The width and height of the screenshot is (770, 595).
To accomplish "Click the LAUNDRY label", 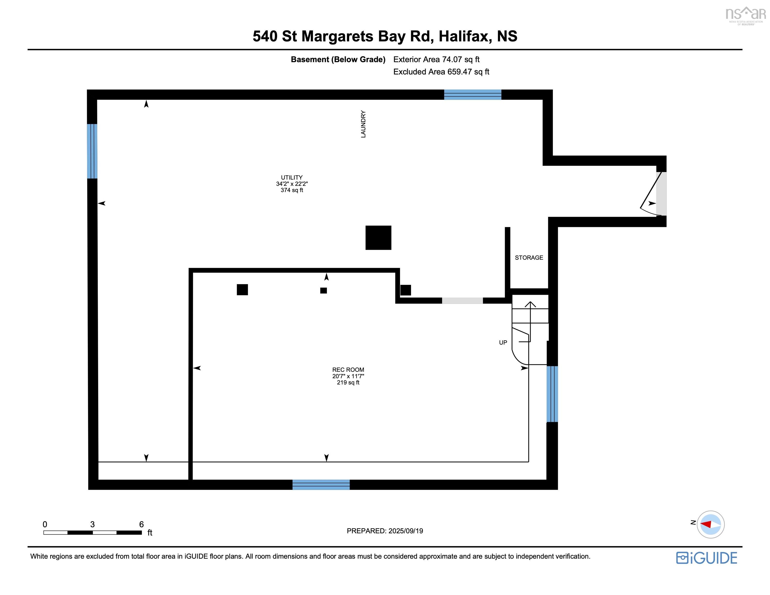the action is [363, 124].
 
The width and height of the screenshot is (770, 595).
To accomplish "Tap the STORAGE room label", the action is [529, 258].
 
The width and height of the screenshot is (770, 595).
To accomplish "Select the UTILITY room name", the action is [292, 177].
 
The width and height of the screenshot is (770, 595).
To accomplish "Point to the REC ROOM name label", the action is [348, 370].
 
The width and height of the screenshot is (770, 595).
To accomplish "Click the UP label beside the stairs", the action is [503, 342].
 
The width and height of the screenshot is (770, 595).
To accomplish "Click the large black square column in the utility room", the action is [378, 238].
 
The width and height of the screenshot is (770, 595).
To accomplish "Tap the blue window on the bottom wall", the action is [321, 485].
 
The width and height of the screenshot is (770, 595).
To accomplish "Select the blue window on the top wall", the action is [473, 95].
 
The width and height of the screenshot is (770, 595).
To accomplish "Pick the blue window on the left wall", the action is [92, 151].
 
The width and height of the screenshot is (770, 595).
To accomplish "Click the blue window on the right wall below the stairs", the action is [552, 394].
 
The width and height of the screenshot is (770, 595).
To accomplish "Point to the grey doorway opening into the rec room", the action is [462, 301].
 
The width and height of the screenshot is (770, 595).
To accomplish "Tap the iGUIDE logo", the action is [706, 558].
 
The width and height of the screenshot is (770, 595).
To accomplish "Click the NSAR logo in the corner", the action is [745, 16].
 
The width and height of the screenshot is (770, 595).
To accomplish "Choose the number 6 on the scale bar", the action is [142, 524].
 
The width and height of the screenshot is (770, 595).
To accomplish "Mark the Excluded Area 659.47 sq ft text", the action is [441, 72].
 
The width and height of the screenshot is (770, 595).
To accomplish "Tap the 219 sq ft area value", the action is [348, 382].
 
